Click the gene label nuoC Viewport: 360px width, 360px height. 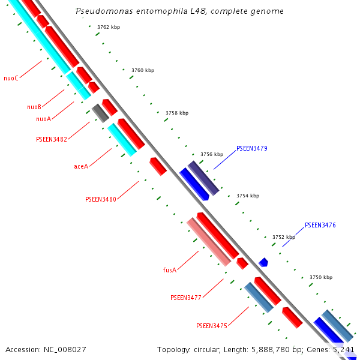[x=11, y=78]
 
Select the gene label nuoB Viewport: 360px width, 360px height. [x=34, y=107]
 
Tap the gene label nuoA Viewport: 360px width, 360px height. [x=43, y=119]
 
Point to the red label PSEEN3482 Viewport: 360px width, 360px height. [x=52, y=139]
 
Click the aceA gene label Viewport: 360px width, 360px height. [x=81, y=166]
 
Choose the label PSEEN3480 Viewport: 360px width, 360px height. [x=101, y=199]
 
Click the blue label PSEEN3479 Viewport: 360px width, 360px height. [x=252, y=148]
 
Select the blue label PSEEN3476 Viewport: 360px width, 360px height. [x=320, y=226]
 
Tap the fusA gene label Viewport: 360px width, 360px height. [x=170, y=270]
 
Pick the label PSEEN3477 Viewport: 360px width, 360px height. [x=186, y=298]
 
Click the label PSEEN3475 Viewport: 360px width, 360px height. [x=212, y=326]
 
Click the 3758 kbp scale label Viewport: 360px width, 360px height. [x=177, y=113]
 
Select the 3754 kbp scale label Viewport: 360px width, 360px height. [x=248, y=196]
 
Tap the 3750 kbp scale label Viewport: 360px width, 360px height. [x=321, y=277]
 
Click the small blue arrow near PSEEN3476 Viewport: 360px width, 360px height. [x=263, y=262]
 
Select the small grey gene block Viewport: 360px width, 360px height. [x=100, y=113]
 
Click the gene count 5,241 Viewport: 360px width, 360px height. [x=343, y=349]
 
